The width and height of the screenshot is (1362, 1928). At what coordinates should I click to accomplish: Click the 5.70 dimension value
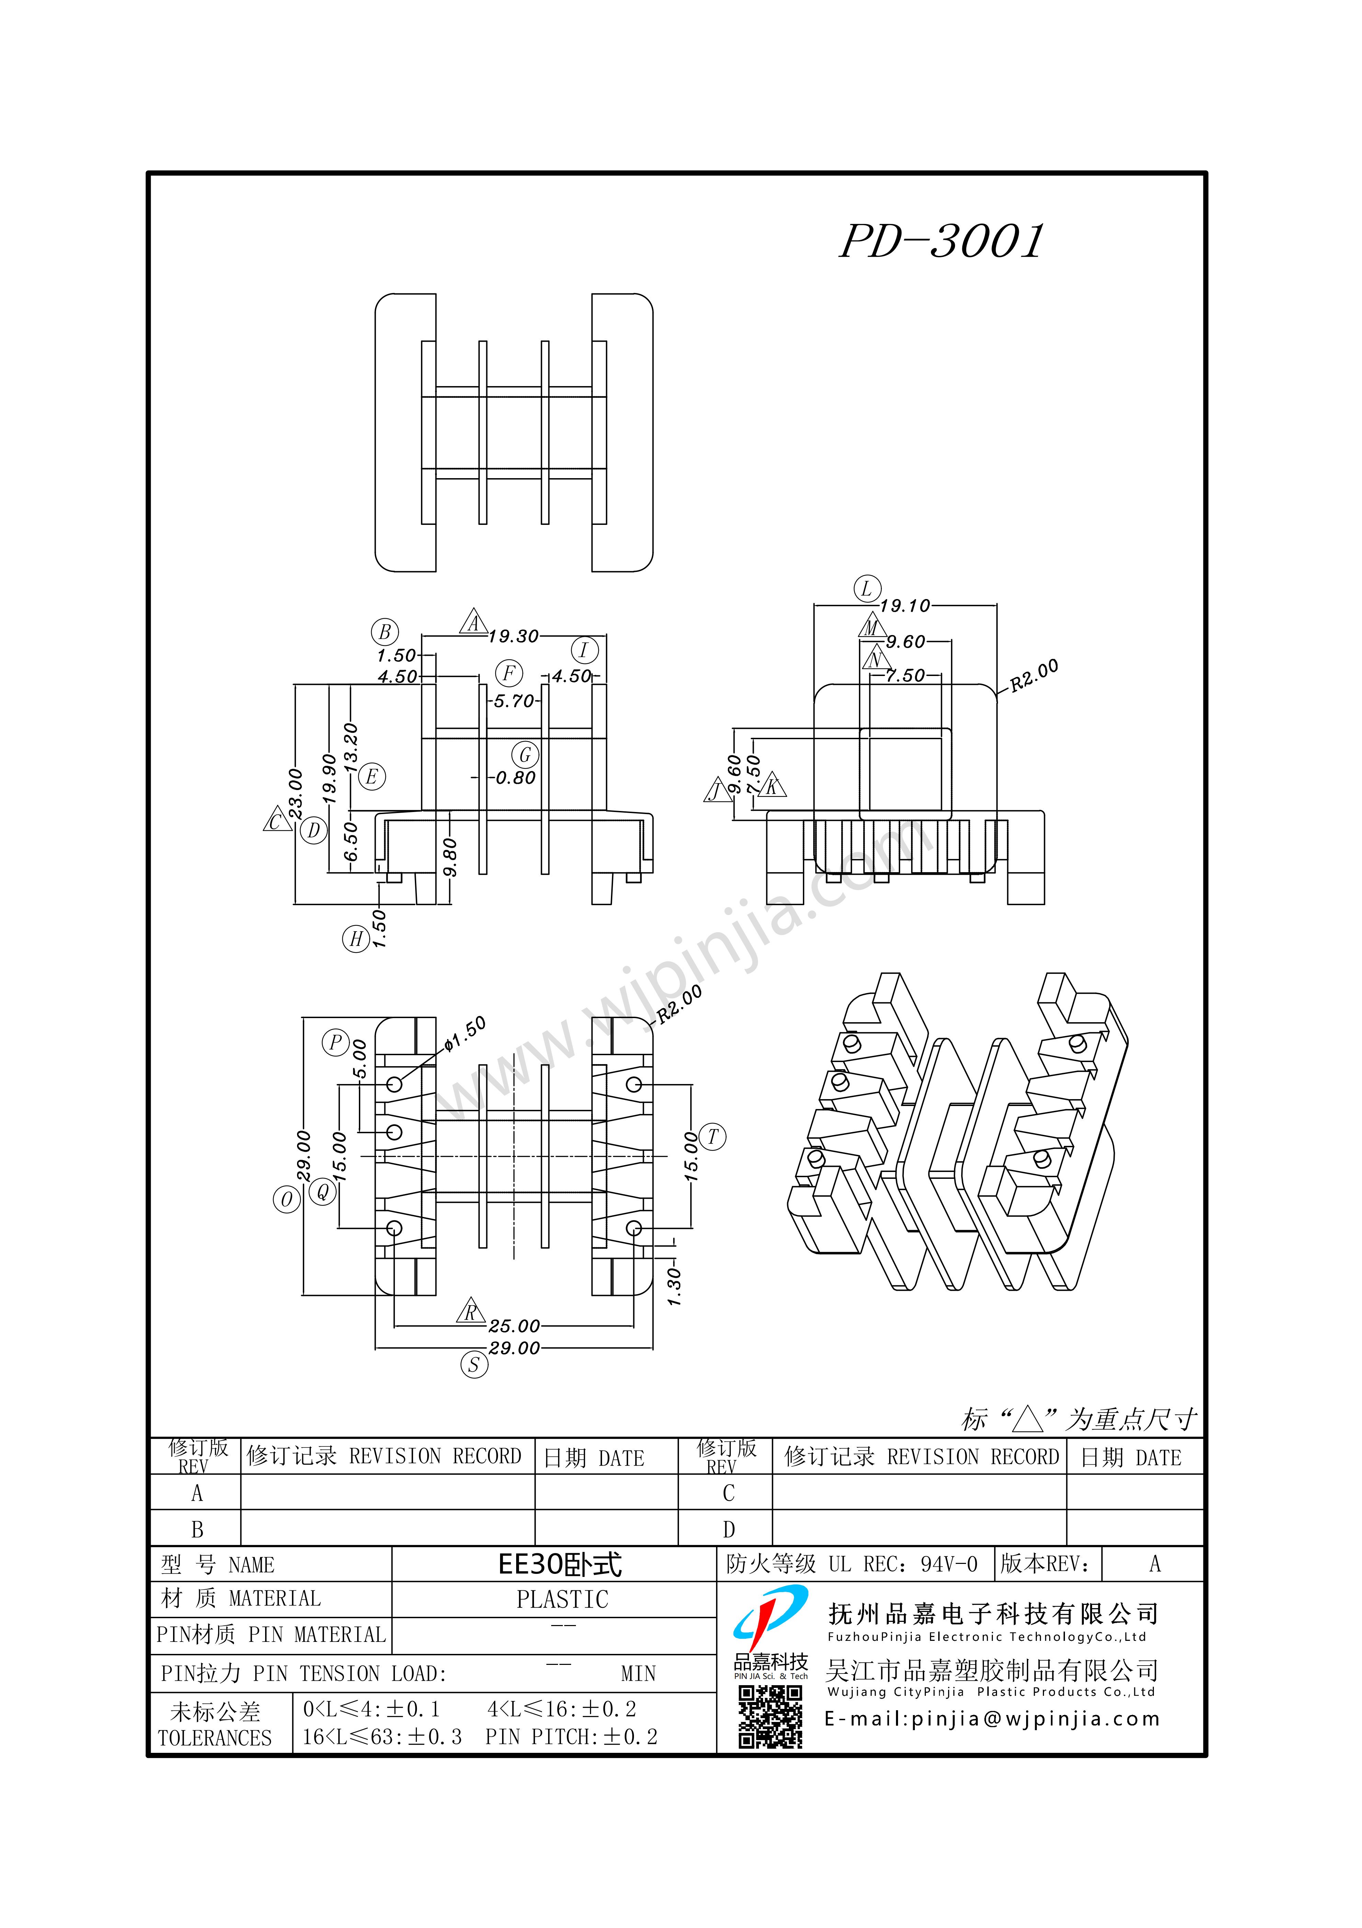pos(513,701)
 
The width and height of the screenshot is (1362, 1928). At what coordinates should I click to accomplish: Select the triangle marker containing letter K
pos(773,786)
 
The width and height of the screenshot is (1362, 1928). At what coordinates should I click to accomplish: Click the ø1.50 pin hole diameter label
pos(464,1033)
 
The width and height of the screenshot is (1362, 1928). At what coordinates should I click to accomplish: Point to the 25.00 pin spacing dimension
pos(514,1326)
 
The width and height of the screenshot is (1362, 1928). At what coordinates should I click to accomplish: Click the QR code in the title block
pos(770,1718)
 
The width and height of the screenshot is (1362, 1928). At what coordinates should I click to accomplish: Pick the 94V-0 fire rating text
pos(949,1564)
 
